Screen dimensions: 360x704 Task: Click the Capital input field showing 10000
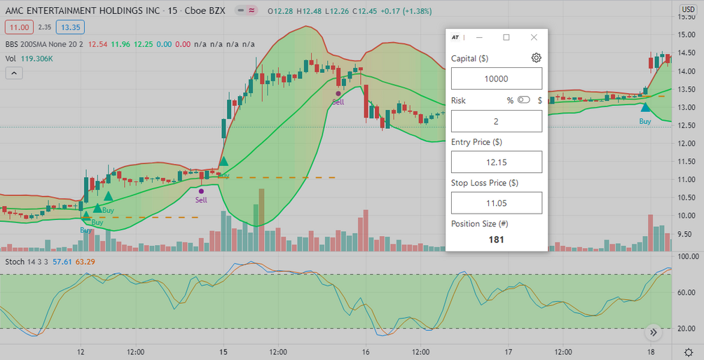pos(497,79)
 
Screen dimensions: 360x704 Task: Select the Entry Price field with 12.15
pos(497,162)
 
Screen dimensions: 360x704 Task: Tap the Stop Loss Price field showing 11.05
pos(497,203)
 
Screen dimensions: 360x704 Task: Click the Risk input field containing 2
pos(497,121)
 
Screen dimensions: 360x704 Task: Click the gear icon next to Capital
pos(536,58)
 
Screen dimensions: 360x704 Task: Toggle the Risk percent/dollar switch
pos(524,100)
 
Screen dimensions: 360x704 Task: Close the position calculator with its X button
pos(534,37)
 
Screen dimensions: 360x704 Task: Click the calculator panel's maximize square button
pos(506,37)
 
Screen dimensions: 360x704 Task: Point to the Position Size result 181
pos(497,240)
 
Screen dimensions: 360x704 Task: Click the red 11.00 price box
pos(19,27)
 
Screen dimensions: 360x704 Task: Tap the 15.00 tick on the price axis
pos(689,35)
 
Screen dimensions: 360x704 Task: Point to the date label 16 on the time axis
pos(366,352)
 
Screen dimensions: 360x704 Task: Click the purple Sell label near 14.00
pos(338,102)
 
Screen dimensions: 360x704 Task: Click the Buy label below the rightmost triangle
pos(645,121)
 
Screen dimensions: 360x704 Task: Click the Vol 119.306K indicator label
pos(29,60)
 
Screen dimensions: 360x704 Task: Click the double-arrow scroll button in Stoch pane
pos(653,333)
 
